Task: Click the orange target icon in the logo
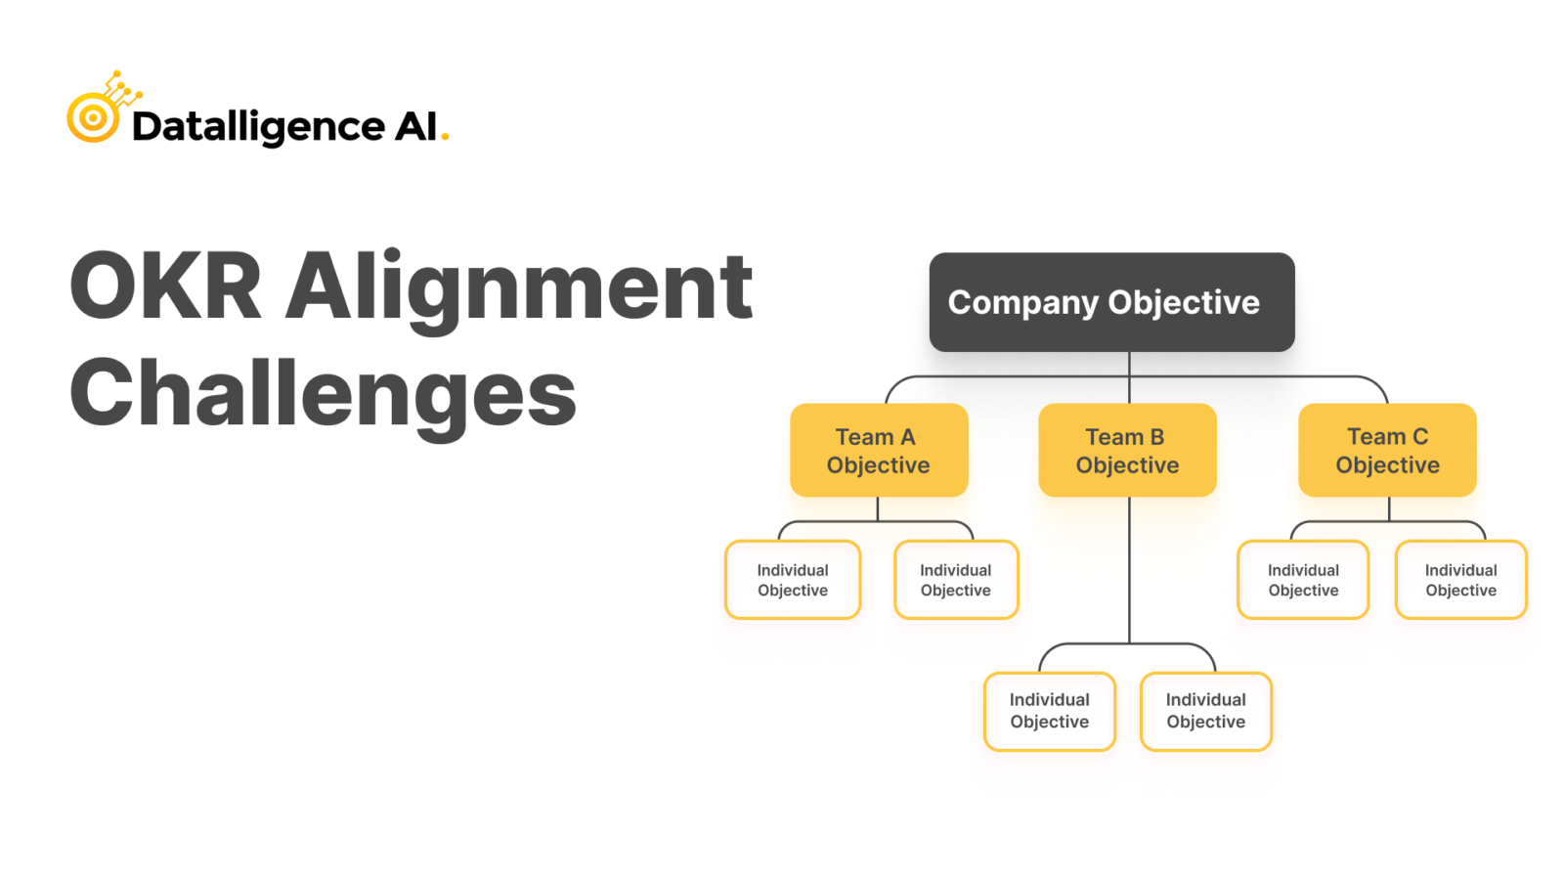point(94,116)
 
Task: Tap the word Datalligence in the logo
point(258,127)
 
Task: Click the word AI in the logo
point(415,126)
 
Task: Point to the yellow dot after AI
point(445,138)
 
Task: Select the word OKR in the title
point(165,286)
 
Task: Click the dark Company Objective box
point(1111,302)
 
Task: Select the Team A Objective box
point(879,450)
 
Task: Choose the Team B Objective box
point(1127,450)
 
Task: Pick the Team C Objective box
point(1387,450)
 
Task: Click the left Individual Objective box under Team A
point(793,580)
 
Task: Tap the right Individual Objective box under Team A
point(956,580)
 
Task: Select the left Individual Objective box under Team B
point(1050,711)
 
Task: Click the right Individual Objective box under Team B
point(1206,711)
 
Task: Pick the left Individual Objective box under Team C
point(1303,580)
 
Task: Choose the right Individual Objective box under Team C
point(1460,580)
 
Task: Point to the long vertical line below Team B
point(1129,570)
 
